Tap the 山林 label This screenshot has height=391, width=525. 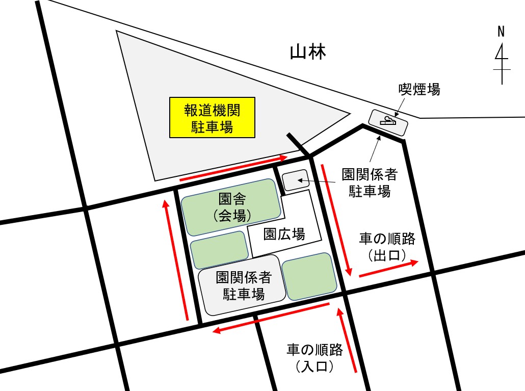point(307,52)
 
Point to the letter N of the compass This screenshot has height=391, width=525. point(502,32)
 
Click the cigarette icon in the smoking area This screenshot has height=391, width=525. point(388,121)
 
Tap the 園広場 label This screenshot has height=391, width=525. point(284,234)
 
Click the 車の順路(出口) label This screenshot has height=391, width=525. point(387,246)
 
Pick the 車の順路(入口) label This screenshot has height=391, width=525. point(314,357)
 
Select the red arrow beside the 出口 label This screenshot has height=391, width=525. point(389,269)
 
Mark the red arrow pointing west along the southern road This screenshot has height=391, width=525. point(271,317)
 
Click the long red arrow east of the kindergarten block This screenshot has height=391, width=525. point(336,219)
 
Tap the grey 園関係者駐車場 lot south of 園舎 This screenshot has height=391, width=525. point(242,285)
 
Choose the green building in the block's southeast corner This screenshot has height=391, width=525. point(309,276)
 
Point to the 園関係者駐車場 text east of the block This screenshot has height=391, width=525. point(370,183)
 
